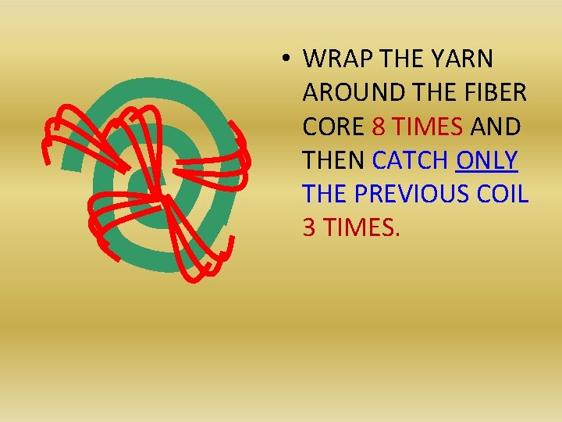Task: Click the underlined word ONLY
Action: click(x=487, y=159)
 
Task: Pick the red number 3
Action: click(x=310, y=227)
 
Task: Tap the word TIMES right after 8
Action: click(x=427, y=126)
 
